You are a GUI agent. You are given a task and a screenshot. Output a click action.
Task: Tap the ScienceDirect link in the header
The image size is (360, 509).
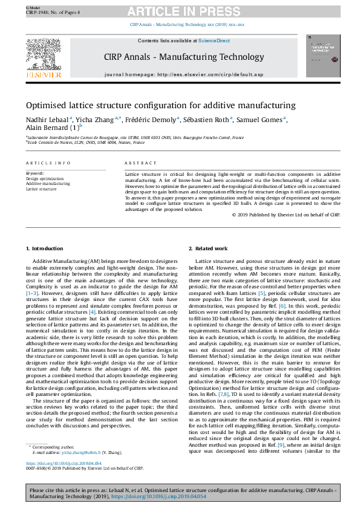click(215, 41)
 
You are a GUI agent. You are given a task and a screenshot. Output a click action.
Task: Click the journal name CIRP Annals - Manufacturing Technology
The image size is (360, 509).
click(184, 57)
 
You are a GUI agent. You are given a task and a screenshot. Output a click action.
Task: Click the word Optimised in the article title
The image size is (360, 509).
click(48, 105)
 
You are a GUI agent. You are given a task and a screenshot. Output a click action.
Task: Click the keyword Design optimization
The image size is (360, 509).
click(44, 179)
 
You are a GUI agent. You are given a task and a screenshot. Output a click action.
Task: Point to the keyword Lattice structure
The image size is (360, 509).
click(40, 189)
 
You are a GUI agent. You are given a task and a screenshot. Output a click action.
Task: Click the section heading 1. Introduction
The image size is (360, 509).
click(47, 249)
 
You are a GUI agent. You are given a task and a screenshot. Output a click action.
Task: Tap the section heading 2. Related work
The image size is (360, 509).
click(208, 249)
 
